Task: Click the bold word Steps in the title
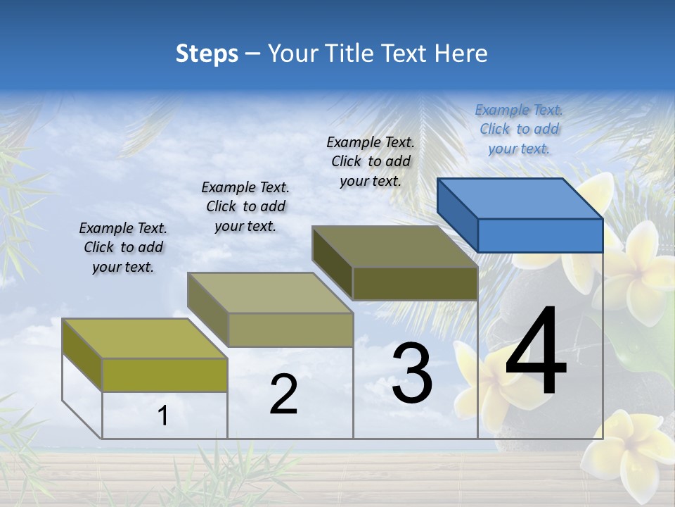click(207, 54)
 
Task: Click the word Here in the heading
click(461, 54)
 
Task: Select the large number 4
click(536, 352)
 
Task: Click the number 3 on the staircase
click(412, 374)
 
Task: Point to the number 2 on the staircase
click(283, 394)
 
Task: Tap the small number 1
click(163, 416)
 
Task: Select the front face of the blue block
click(540, 235)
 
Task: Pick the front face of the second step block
click(290, 330)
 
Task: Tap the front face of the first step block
click(165, 375)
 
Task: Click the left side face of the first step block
click(82, 355)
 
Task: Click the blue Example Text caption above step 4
click(519, 129)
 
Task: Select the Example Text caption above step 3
click(371, 161)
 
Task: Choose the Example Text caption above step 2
click(245, 206)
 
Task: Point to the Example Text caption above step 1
click(123, 247)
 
